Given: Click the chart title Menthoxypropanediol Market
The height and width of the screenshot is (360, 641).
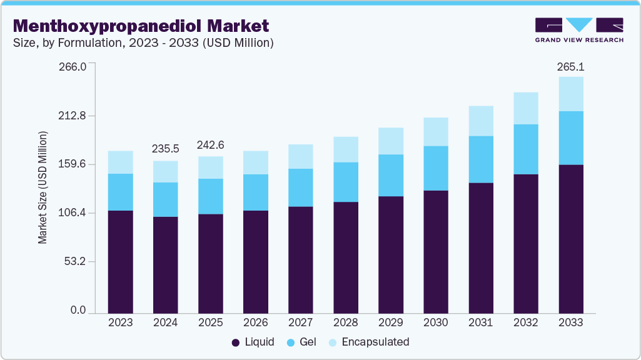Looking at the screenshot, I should click(141, 26).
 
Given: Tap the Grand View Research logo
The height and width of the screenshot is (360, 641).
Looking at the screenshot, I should click(579, 30).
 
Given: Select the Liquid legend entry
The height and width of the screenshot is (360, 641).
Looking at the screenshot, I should click(253, 342).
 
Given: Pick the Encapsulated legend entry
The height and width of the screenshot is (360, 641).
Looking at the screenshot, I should click(369, 342).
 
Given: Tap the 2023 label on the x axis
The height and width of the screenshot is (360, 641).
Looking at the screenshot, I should click(120, 322).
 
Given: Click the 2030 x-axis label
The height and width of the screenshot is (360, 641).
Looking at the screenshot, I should click(436, 322).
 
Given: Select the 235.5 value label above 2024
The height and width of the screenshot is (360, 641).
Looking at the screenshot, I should click(166, 149).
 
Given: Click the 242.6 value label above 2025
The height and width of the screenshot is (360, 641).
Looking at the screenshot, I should click(211, 145).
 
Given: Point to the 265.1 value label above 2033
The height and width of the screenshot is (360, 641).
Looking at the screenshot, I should click(571, 66).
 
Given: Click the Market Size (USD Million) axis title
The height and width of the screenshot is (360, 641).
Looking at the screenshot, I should click(43, 187).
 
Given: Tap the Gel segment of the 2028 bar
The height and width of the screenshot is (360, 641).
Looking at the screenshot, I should click(346, 182).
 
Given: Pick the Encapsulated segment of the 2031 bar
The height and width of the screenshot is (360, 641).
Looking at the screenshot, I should click(481, 121).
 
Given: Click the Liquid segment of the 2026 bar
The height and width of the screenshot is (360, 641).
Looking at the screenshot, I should click(256, 261).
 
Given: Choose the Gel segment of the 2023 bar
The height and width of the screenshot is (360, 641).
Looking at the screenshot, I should click(120, 192).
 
